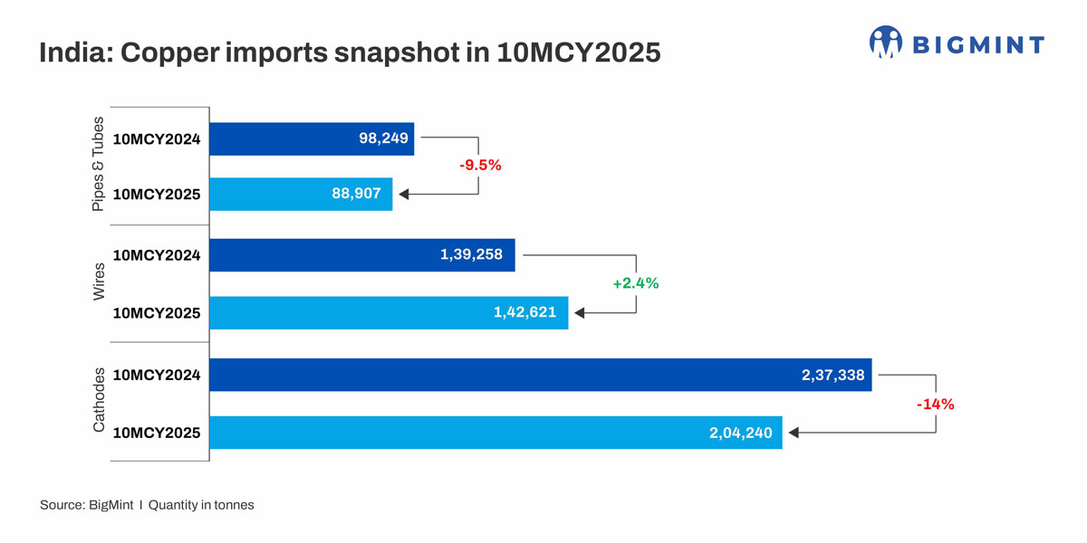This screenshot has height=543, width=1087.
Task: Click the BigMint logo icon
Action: (886, 43)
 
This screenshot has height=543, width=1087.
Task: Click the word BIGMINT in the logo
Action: (978, 44)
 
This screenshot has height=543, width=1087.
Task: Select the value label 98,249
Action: (384, 139)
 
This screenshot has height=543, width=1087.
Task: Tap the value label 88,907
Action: (362, 195)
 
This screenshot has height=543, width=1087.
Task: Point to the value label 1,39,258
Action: (472, 255)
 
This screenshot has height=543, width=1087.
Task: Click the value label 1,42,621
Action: (525, 313)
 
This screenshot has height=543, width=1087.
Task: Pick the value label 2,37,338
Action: (832, 375)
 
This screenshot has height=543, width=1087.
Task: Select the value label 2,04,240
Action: (740, 433)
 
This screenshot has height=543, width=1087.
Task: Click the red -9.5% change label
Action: (479, 167)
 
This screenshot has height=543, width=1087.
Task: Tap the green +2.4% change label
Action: (635, 283)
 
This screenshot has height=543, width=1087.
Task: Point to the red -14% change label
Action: (935, 405)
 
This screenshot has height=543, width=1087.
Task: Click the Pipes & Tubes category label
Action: (99, 164)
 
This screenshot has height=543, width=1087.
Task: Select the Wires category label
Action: (99, 282)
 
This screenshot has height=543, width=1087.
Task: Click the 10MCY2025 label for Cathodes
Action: (157, 433)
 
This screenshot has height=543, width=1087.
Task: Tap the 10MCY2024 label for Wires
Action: (157, 255)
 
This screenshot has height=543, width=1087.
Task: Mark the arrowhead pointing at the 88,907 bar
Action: (404, 195)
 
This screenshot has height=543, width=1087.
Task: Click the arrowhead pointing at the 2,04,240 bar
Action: (794, 433)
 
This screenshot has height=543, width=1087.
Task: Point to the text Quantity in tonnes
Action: (201, 505)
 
